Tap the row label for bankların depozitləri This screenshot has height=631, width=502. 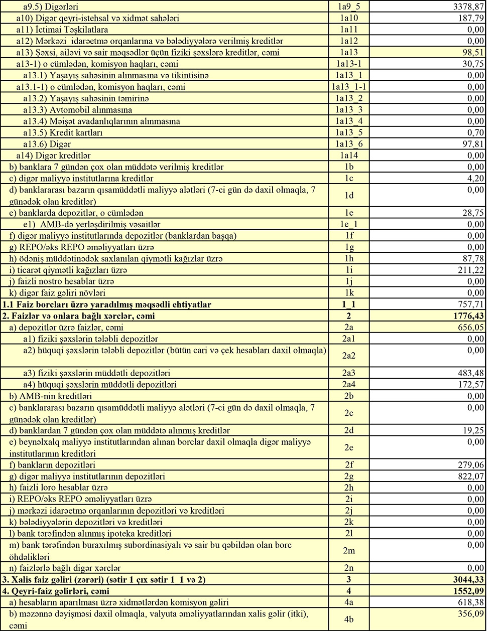pyautogui.click(x=52, y=465)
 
